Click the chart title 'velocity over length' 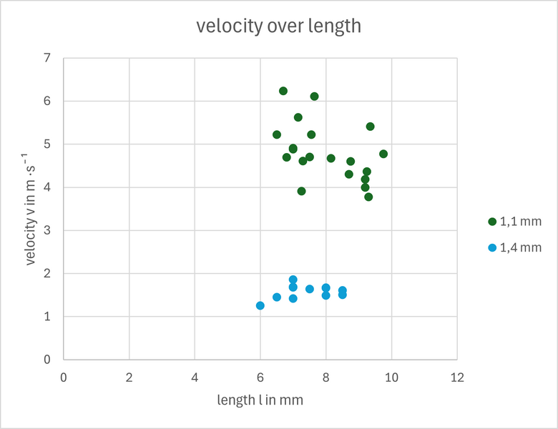[x=279, y=27]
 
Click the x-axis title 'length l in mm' [x=260, y=400]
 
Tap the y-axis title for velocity [x=31, y=208]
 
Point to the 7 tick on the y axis [x=47, y=58]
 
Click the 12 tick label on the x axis [x=457, y=376]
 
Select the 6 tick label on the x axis [x=260, y=376]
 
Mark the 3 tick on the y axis [x=47, y=230]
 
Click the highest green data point [x=283, y=91]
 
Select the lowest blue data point [x=260, y=305]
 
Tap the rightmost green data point [x=383, y=154]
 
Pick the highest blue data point [x=293, y=280]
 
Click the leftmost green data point [x=277, y=134]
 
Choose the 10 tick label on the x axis [x=391, y=376]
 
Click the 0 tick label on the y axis [x=47, y=360]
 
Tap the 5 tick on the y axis [x=47, y=144]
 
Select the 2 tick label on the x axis [x=129, y=376]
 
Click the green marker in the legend [x=492, y=222]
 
